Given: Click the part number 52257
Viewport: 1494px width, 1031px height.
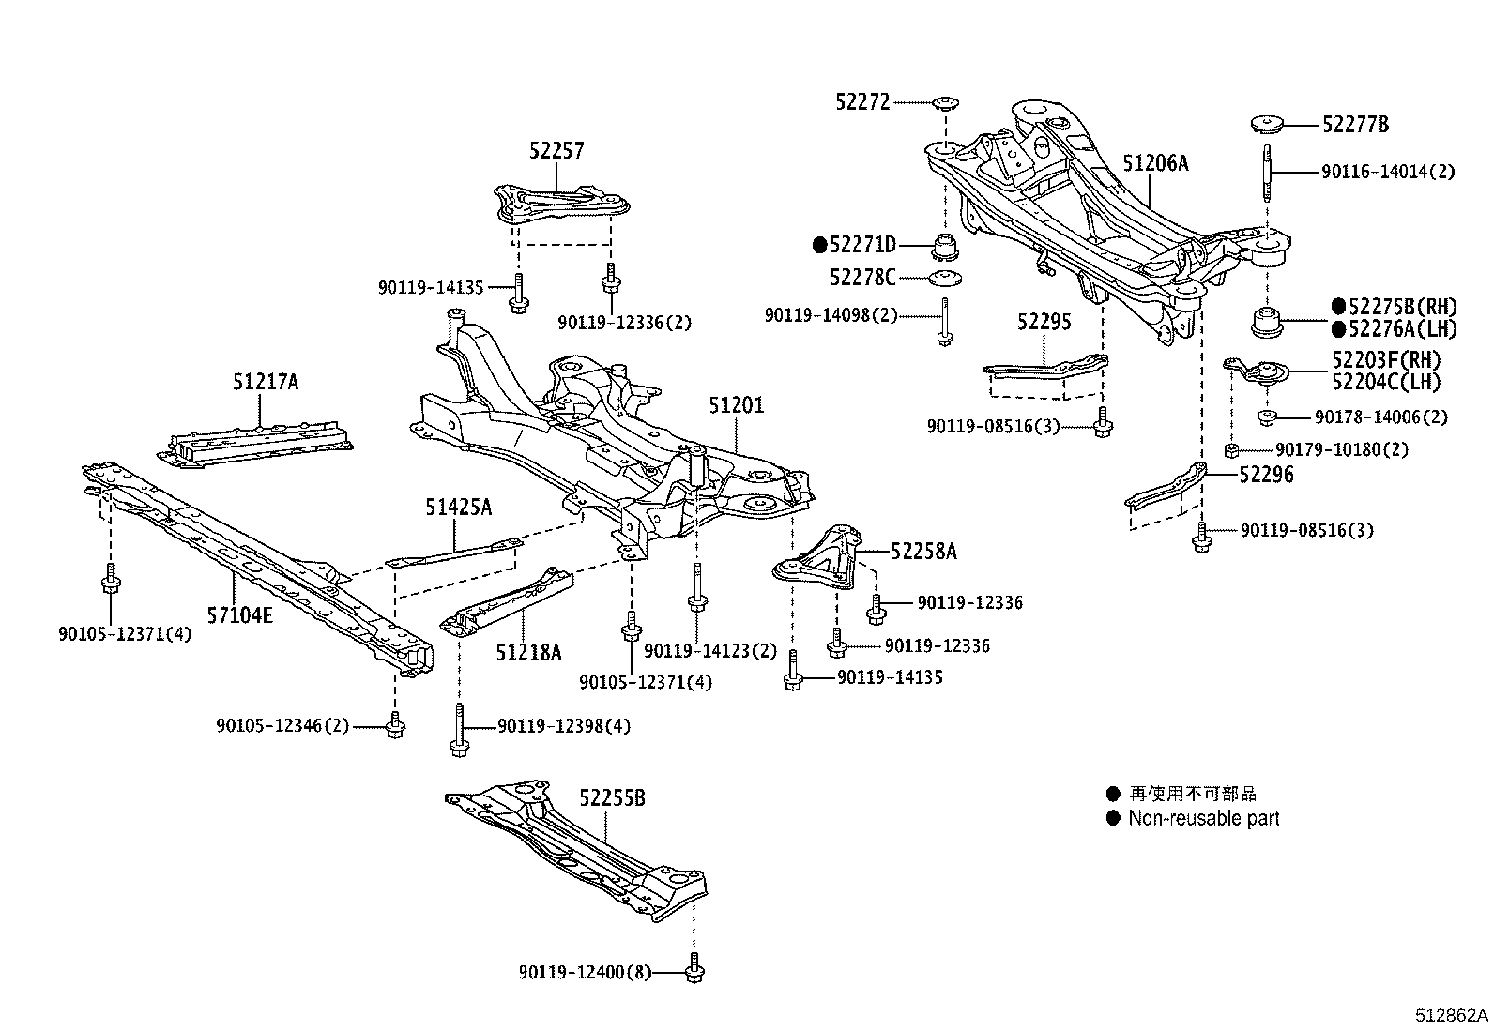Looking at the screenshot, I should coord(556,150).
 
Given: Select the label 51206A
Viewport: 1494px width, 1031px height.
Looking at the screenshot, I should coord(1155,163).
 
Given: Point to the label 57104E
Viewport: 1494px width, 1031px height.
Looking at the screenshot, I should coord(240,615).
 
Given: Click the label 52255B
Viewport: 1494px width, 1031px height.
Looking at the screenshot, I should coord(612,798).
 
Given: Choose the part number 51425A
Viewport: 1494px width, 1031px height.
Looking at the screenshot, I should coord(458,508).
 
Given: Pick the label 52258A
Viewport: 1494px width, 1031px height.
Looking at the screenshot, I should coord(923,552).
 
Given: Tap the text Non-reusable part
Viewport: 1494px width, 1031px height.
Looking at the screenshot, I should coord(1203,818).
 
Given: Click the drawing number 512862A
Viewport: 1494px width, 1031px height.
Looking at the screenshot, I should coord(1452,1016).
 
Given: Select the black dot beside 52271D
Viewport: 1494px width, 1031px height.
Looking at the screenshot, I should coord(819,246).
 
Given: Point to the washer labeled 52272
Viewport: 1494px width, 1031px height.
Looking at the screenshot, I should coord(945,101).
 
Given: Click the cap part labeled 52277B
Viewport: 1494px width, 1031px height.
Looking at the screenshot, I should coord(1269,124).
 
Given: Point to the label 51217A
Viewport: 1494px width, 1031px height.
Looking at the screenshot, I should coord(266,382).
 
